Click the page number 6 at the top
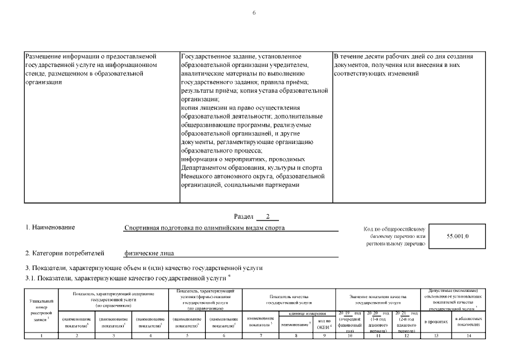(254, 12)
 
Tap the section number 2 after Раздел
(267, 216)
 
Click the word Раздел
(243, 216)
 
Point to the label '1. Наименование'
(50, 227)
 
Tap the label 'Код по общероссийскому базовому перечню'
(396, 237)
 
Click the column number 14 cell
(468, 336)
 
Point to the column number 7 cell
(260, 336)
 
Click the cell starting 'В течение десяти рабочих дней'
(403, 65)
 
